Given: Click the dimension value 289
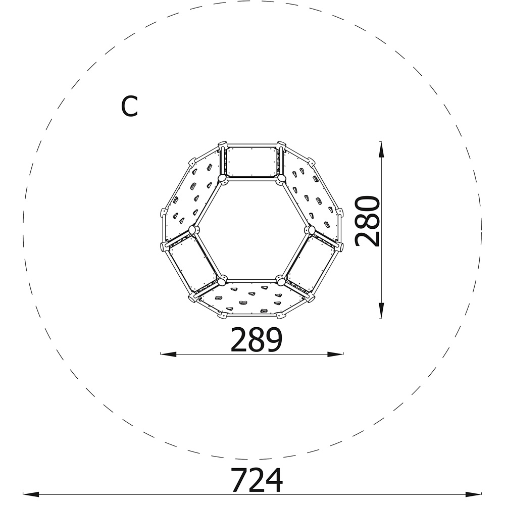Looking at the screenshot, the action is pyautogui.click(x=257, y=339).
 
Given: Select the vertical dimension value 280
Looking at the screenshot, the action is pyautogui.click(x=368, y=221).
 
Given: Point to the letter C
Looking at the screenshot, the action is pyautogui.click(x=129, y=106).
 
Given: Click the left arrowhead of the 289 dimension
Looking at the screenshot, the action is pyautogui.click(x=168, y=355).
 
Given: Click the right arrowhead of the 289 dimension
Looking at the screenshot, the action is pyautogui.click(x=335, y=355).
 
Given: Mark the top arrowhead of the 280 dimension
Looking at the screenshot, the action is pyautogui.click(x=381, y=150).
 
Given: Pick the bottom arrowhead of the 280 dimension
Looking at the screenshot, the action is pyautogui.click(x=381, y=311).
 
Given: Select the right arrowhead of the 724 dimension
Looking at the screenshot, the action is pyautogui.click(x=474, y=494).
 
